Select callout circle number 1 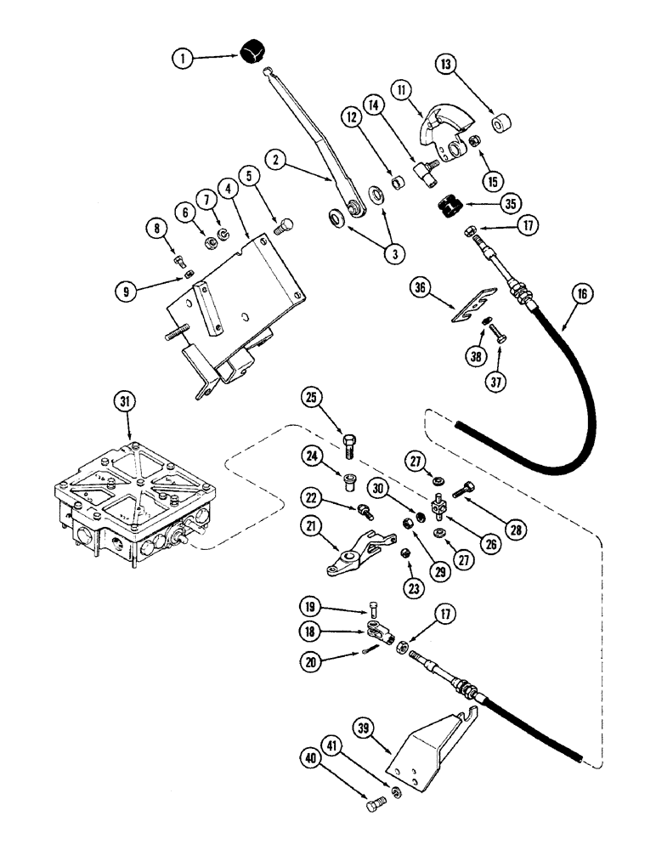point(181,59)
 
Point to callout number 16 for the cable point(582,295)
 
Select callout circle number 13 point(447,65)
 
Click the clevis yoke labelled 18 point(378,631)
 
